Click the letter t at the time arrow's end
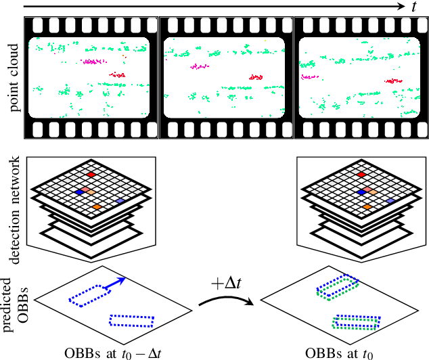tap(413, 6)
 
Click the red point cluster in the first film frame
tap(118, 75)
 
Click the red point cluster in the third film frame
tap(392, 81)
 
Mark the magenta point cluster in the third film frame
tap(309, 77)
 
